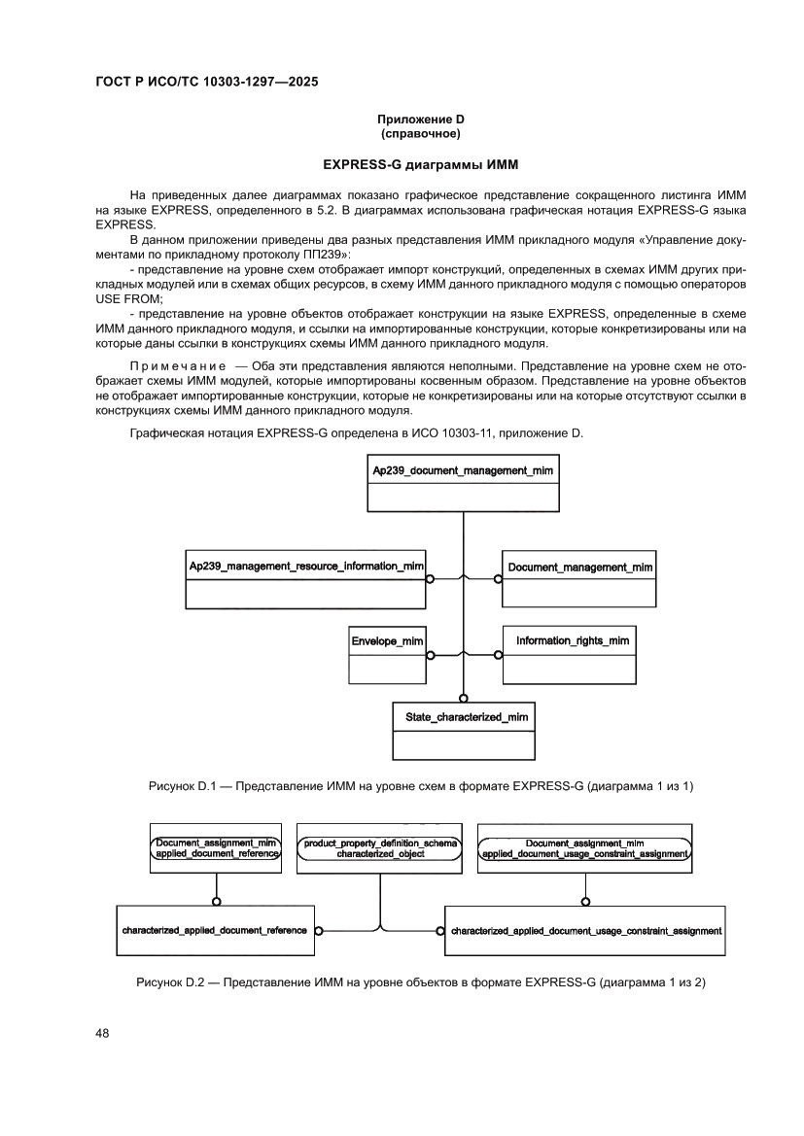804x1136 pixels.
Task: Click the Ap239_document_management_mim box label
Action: pyautogui.click(x=463, y=470)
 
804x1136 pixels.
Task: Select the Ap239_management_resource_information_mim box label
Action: pyautogui.click(x=306, y=566)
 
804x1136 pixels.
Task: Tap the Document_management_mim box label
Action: pyautogui.click(x=579, y=566)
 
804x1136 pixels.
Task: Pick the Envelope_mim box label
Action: pyautogui.click(x=387, y=640)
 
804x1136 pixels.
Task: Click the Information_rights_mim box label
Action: pyautogui.click(x=572, y=640)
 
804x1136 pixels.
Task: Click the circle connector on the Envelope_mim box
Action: pyautogui.click(x=429, y=653)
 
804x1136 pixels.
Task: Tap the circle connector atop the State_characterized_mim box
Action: pyautogui.click(x=464, y=697)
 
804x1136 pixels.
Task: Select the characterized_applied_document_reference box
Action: pyautogui.click(x=215, y=930)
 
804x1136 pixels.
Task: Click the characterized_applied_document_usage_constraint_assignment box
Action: pyautogui.click(x=586, y=930)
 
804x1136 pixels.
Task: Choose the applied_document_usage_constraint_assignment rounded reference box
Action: pyautogui.click(x=585, y=848)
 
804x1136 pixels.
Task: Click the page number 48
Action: pyautogui.click(x=102, y=1033)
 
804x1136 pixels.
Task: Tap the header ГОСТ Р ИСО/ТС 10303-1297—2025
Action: pyautogui.click(x=207, y=82)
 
